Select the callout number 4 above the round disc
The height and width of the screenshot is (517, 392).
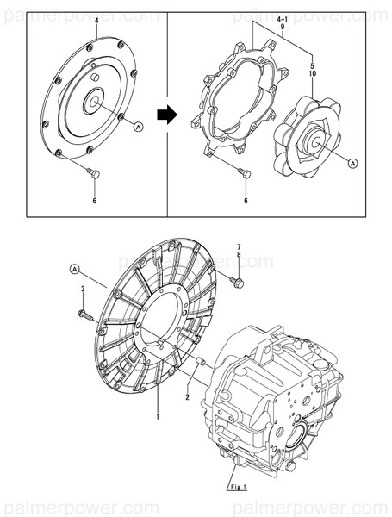click(x=96, y=19)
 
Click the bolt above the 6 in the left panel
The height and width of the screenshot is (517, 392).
click(x=95, y=174)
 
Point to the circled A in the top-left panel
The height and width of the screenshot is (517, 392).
click(x=139, y=127)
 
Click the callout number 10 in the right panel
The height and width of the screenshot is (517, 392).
click(x=311, y=76)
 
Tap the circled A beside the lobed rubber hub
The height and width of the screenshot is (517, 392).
click(x=353, y=161)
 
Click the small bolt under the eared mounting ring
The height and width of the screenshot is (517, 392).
click(x=246, y=174)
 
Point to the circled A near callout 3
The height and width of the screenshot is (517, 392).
click(x=74, y=270)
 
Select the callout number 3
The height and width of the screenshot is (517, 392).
click(x=83, y=290)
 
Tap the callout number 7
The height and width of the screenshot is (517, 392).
click(x=239, y=247)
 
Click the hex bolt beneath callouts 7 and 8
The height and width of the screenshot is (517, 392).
click(x=239, y=282)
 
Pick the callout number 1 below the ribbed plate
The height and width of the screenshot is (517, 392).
click(x=158, y=418)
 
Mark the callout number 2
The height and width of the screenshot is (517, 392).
click(x=186, y=397)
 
